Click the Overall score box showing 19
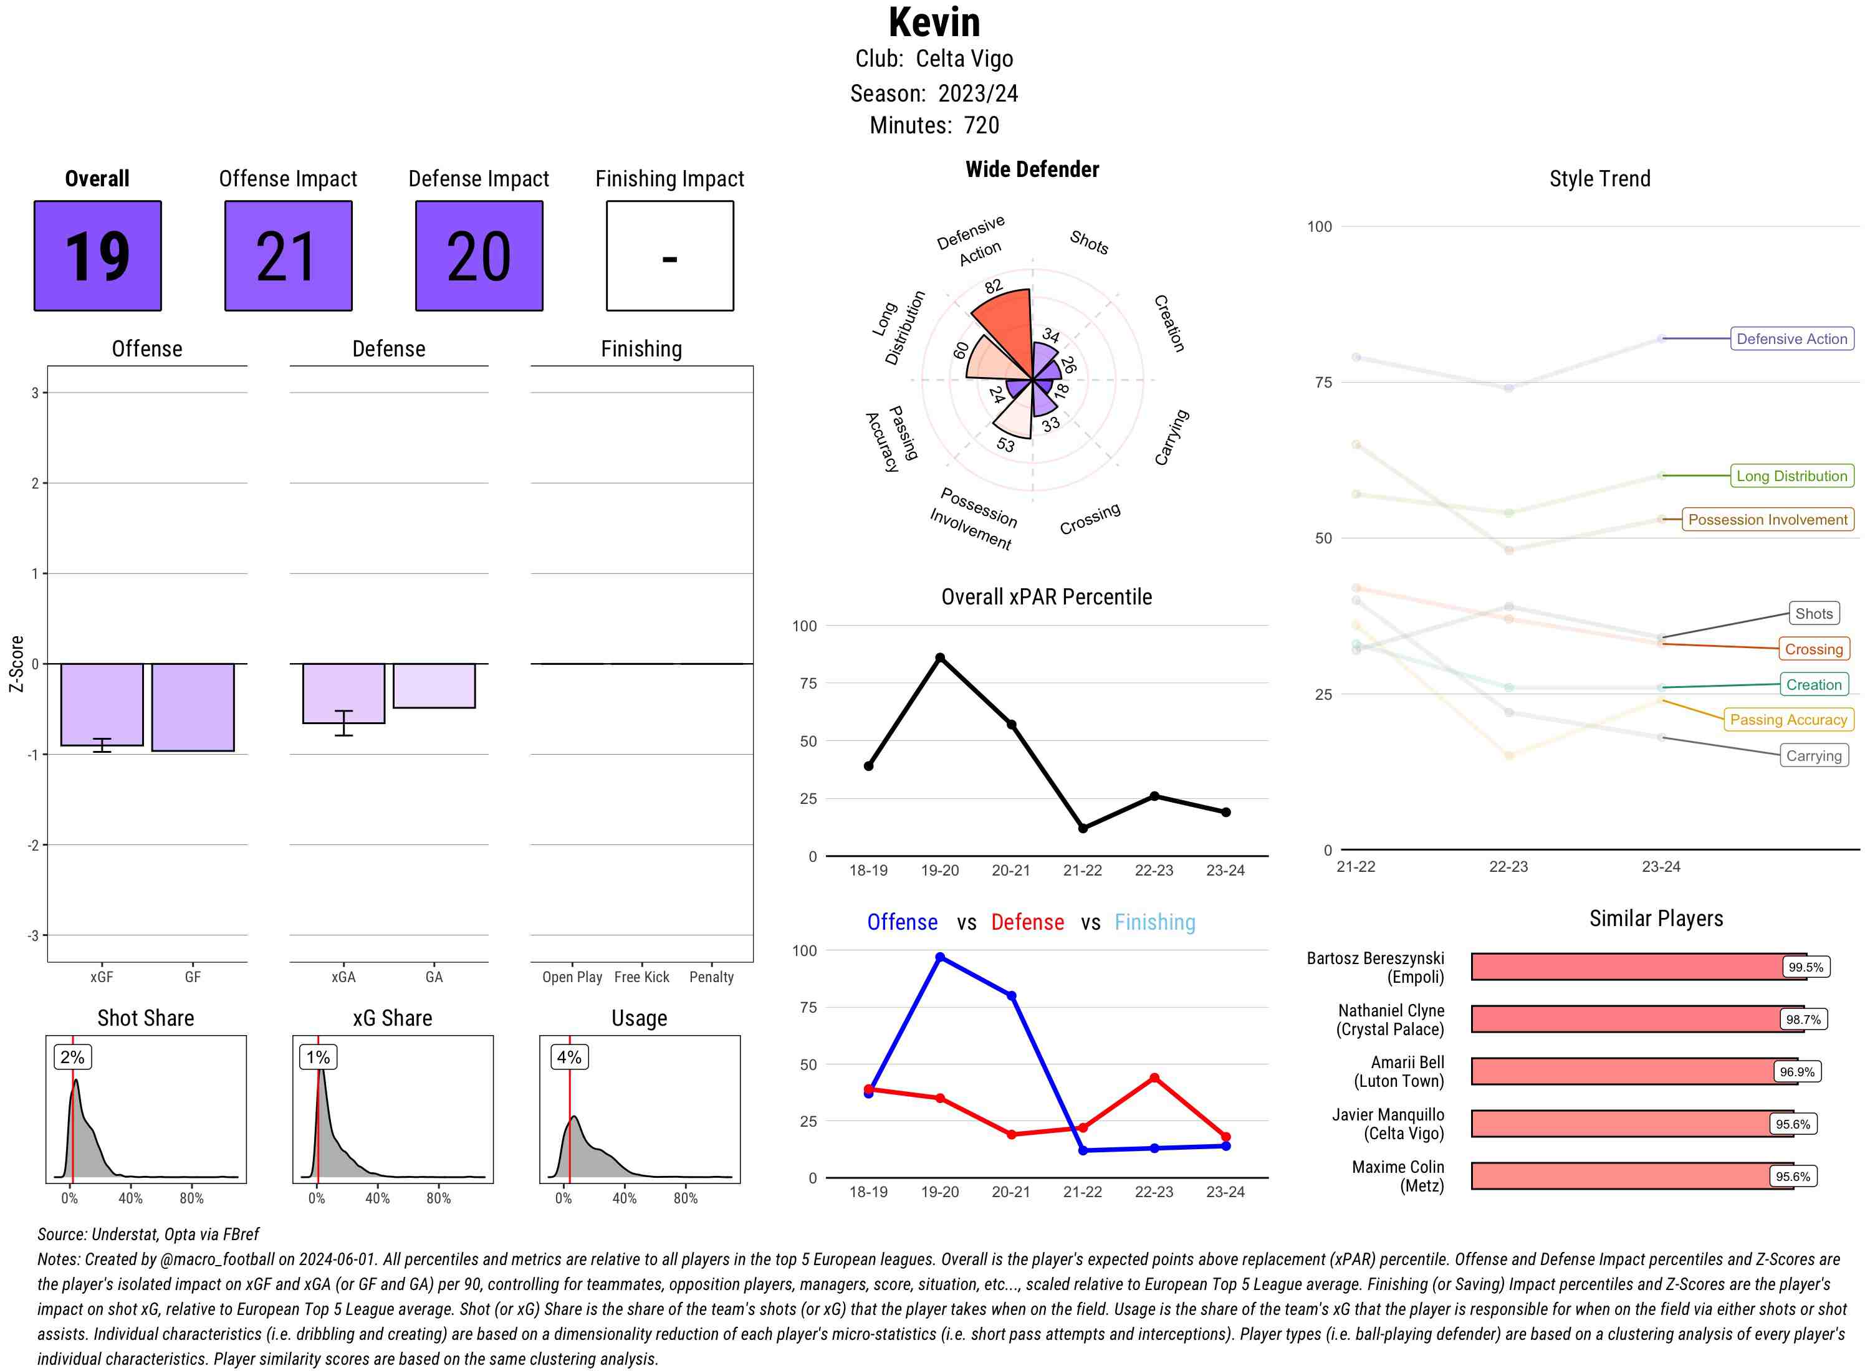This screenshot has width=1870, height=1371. pos(98,256)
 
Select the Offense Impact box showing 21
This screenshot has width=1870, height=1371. pos(288,256)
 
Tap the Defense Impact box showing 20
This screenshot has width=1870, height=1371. pos(479,256)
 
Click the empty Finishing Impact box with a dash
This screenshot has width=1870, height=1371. pos(670,256)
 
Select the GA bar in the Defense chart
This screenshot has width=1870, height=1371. pos(434,685)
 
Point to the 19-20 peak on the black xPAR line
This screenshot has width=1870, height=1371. pos(939,657)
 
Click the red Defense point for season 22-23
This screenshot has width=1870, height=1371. pos(1154,1078)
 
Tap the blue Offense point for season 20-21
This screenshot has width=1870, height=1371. pos(1011,996)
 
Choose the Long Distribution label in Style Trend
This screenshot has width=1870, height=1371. pos(1791,476)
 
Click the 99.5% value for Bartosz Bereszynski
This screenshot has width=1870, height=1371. pos(1805,967)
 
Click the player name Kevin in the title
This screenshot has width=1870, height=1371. pos(934,22)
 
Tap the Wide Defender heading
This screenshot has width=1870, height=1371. pos(1032,170)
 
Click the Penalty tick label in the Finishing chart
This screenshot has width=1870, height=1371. pos(711,977)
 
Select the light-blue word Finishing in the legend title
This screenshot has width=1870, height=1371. pos(1154,922)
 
